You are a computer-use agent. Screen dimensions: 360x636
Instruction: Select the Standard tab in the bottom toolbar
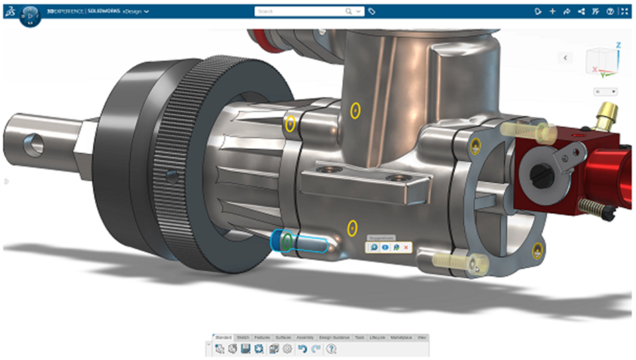point(223,337)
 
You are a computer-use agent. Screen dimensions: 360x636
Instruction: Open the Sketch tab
point(243,337)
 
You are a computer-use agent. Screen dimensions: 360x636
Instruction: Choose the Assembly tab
point(305,337)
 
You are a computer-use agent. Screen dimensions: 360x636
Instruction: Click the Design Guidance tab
point(334,337)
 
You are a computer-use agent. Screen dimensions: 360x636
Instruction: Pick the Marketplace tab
point(402,337)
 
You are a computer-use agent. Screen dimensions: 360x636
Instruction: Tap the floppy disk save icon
point(246,349)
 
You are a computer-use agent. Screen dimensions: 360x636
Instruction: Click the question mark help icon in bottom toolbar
point(331,349)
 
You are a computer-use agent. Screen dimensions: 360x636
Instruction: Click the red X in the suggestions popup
point(407,248)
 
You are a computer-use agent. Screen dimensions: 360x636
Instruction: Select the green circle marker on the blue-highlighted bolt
point(286,241)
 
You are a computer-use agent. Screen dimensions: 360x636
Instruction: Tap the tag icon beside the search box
point(372,11)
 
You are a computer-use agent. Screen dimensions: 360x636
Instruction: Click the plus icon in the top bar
point(552,11)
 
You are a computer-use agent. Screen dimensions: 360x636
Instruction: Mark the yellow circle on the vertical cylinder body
point(356,109)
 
